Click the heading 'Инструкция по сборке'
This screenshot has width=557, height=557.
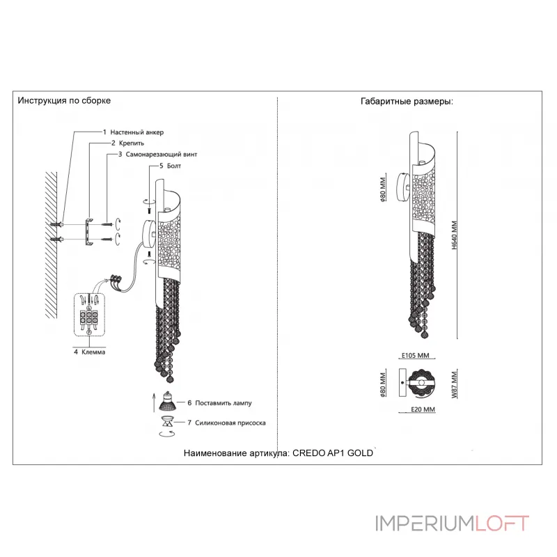[64, 101]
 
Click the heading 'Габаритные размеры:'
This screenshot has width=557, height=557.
[407, 101]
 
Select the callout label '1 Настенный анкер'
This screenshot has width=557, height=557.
[134, 132]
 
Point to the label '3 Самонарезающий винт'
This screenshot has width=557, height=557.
[157, 154]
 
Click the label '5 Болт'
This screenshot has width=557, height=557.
[171, 166]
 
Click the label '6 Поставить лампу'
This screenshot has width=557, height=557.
[216, 403]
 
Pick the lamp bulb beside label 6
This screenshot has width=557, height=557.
[168, 402]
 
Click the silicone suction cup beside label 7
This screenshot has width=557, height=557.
[168, 422]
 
